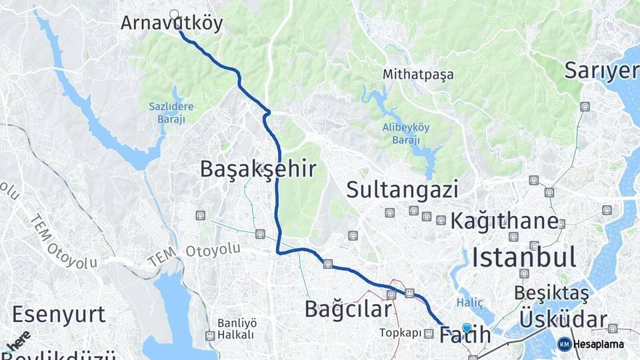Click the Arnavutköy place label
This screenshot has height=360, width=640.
pyautogui.click(x=171, y=24)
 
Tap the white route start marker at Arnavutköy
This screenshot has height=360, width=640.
pyautogui.click(x=175, y=14)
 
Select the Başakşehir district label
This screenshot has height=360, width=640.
pyautogui.click(x=257, y=169)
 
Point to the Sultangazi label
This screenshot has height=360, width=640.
pyautogui.click(x=402, y=190)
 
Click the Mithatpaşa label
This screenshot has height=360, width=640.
pyautogui.click(x=417, y=75)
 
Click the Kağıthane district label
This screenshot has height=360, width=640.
pyautogui.click(x=504, y=221)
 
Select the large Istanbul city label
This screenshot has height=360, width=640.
pyautogui.click(x=524, y=257)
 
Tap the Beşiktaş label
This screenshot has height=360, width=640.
pyautogui.click(x=551, y=293)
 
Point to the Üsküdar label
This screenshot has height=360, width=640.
pyautogui.click(x=563, y=319)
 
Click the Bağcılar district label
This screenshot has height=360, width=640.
pyautogui.click(x=347, y=309)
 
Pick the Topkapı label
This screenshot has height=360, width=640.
pyautogui.click(x=401, y=332)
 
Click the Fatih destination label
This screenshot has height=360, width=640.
pyautogui.click(x=465, y=336)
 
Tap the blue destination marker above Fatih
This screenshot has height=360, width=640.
pyautogui.click(x=467, y=327)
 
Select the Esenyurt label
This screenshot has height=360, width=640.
pyautogui.click(x=59, y=314)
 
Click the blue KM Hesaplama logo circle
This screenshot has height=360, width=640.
pyautogui.click(x=564, y=344)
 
